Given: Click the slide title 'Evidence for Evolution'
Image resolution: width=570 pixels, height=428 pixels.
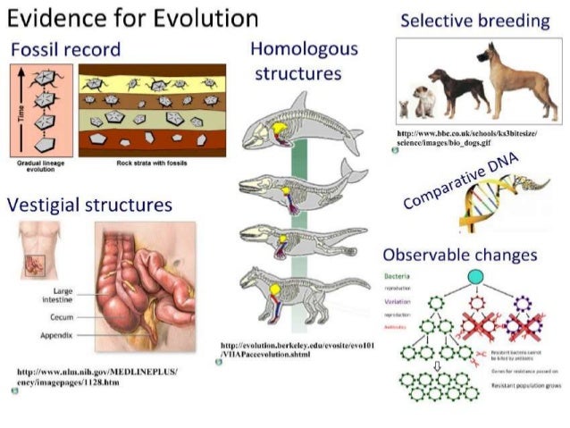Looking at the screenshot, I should [132, 19].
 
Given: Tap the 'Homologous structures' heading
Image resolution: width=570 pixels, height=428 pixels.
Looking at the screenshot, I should [303, 61].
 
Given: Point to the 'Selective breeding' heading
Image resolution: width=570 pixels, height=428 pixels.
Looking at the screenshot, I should [474, 21].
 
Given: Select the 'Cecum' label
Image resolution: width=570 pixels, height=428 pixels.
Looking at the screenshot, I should [62, 316].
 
